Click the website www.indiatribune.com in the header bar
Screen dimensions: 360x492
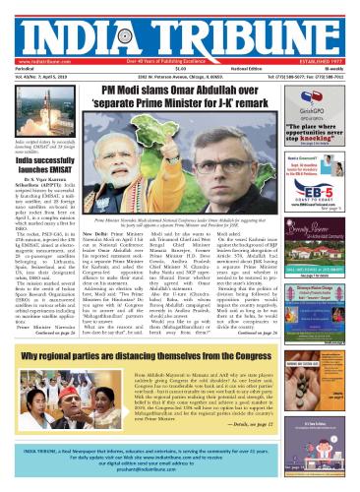[x=31, y=43]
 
